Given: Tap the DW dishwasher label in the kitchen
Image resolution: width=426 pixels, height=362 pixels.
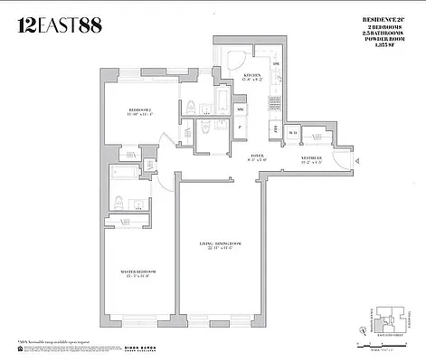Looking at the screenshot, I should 276,65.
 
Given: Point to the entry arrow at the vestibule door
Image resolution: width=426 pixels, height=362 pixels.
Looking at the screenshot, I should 360,162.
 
